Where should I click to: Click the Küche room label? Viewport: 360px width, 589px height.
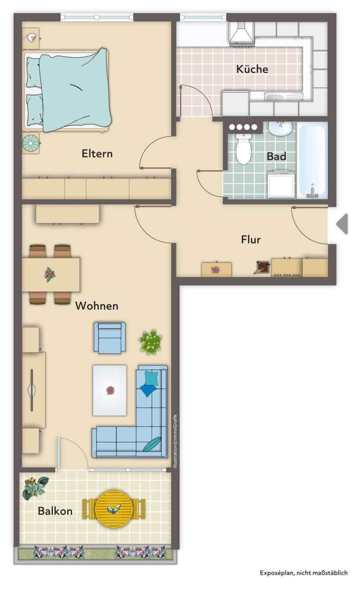(x=252, y=69)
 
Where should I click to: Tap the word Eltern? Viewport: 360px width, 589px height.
(x=97, y=153)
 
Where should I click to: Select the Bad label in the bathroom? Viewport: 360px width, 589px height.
(x=276, y=156)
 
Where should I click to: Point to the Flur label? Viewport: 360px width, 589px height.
(x=251, y=240)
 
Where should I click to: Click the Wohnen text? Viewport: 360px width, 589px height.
(x=97, y=306)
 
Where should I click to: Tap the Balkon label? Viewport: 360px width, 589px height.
(x=55, y=511)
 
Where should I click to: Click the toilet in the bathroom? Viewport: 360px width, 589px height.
(x=243, y=149)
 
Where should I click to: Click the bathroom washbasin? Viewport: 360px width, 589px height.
(x=280, y=128)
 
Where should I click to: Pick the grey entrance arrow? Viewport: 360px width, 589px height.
(x=342, y=224)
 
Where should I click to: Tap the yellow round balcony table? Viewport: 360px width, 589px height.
(x=114, y=509)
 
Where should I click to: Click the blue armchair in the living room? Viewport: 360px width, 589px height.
(x=110, y=337)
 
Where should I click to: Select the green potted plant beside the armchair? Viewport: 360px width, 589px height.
(x=150, y=342)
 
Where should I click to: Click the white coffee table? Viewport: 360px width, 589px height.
(x=110, y=390)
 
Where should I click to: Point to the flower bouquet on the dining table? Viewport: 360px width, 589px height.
(x=49, y=274)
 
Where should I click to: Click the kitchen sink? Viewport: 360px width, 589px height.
(x=283, y=97)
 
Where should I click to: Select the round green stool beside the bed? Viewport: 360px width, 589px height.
(x=31, y=143)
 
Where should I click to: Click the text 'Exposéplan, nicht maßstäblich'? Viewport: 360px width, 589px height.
(x=304, y=573)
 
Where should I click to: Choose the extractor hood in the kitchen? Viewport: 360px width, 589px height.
(x=241, y=33)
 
